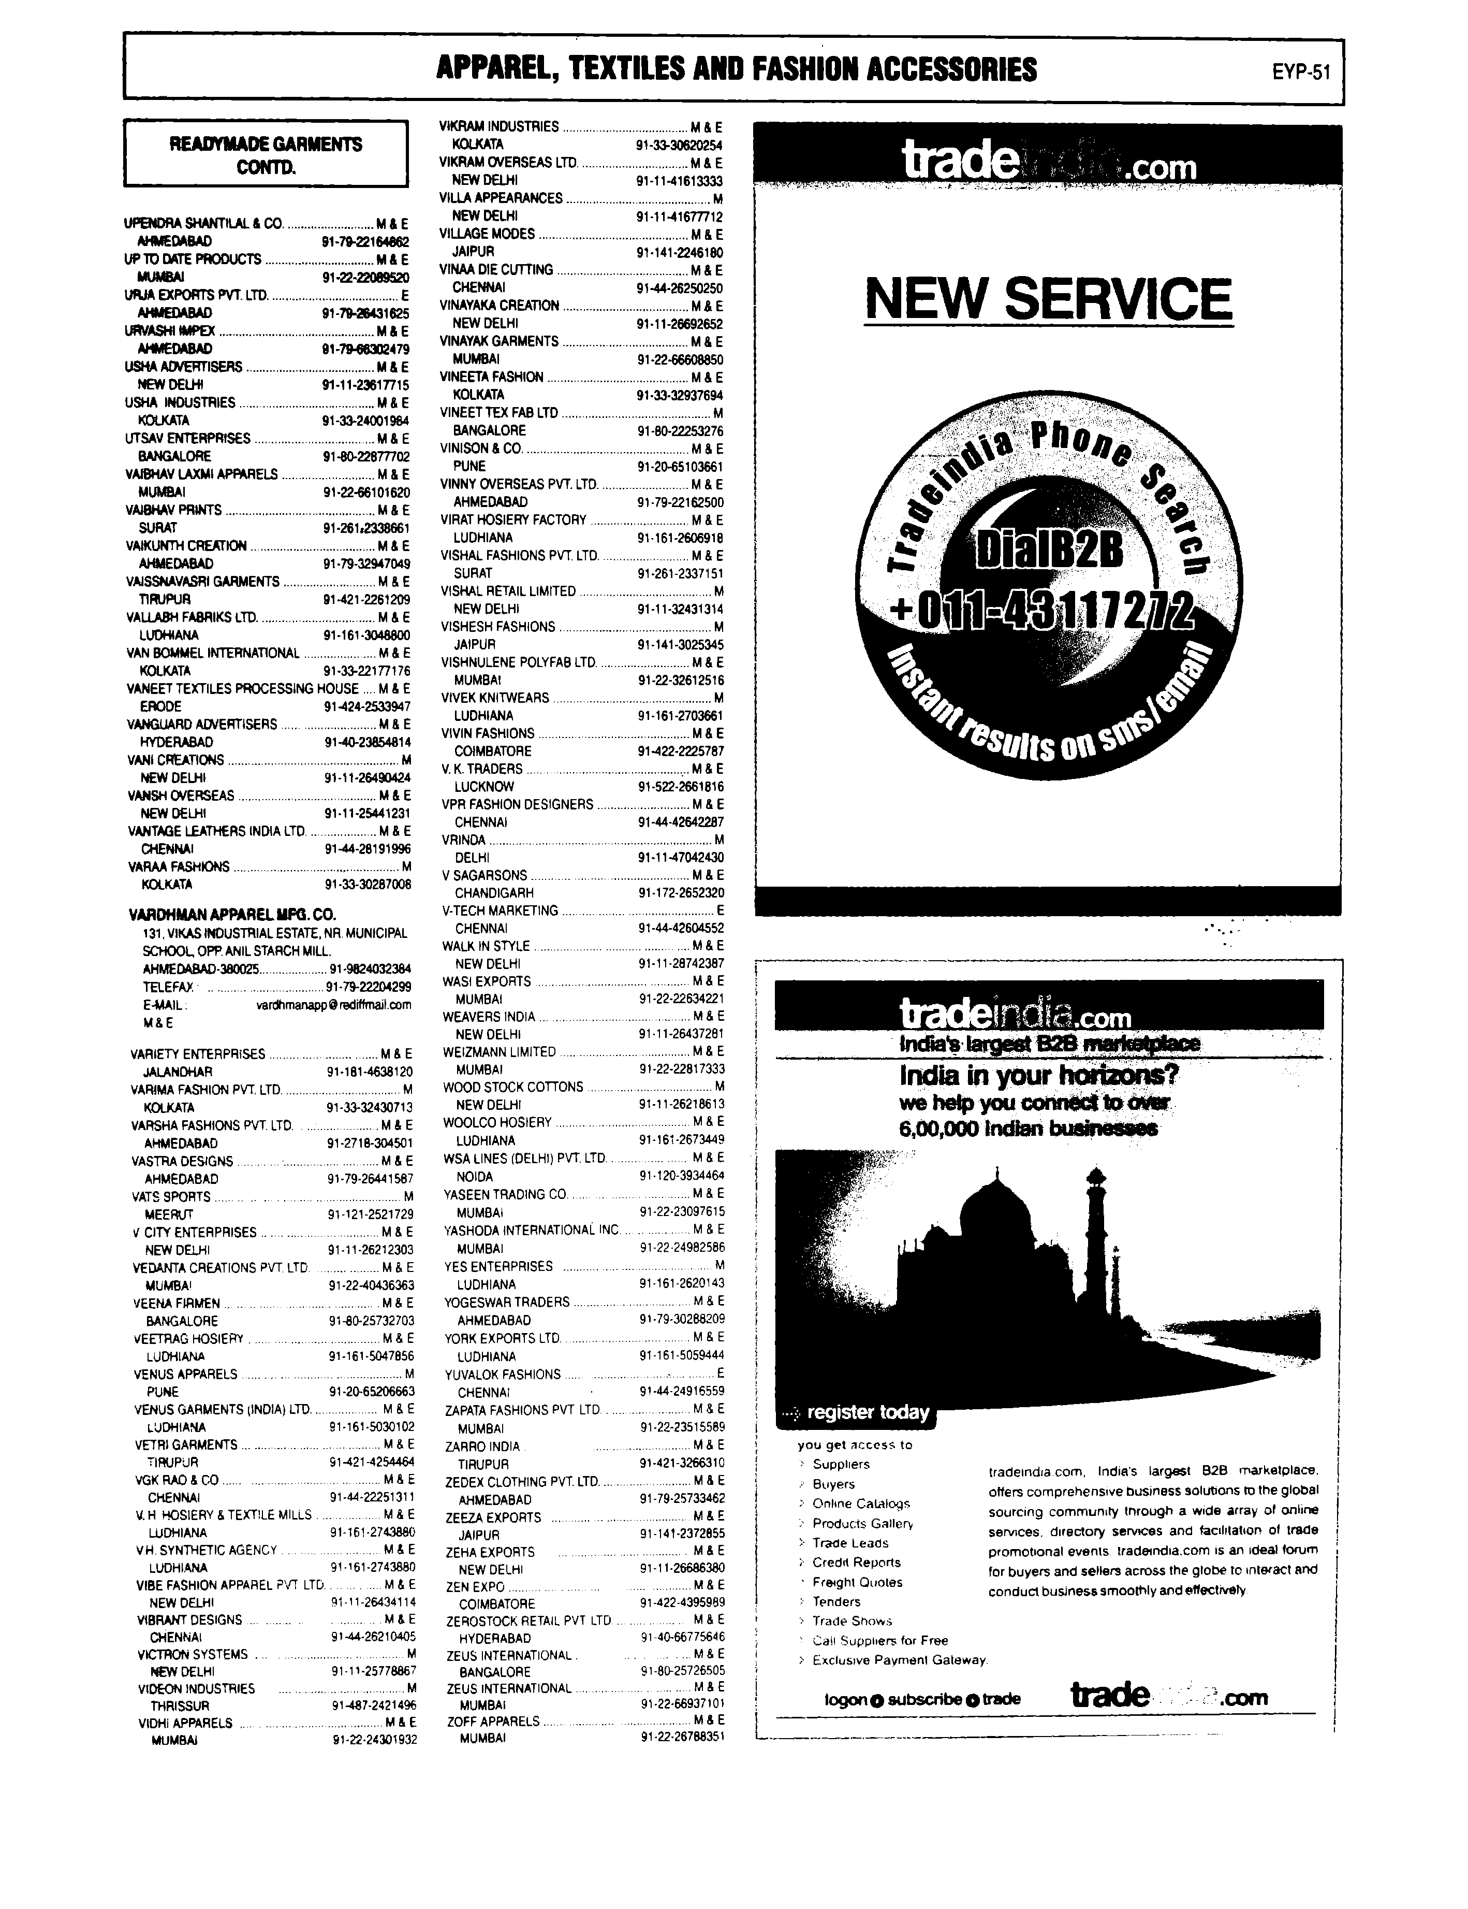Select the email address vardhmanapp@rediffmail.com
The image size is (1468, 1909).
333,1005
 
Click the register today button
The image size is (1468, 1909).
867,1412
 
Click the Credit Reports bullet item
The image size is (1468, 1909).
856,1562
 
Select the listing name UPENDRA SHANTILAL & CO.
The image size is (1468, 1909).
204,224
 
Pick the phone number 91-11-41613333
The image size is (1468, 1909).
680,181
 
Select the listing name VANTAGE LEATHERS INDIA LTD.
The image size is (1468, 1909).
217,831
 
